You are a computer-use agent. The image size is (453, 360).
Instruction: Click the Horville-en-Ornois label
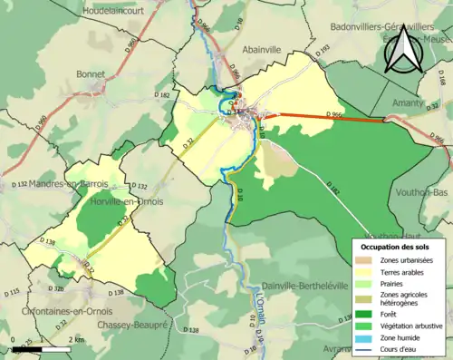128,201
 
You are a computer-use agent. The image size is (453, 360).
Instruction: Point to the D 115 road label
13,292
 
